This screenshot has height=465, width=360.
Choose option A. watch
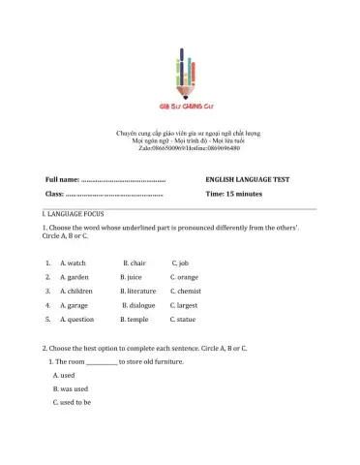click(x=73, y=263)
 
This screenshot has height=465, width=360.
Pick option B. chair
click(x=135, y=263)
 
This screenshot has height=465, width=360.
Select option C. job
click(x=179, y=263)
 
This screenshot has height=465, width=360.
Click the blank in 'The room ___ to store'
click(x=102, y=362)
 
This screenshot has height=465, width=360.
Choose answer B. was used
click(x=71, y=388)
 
